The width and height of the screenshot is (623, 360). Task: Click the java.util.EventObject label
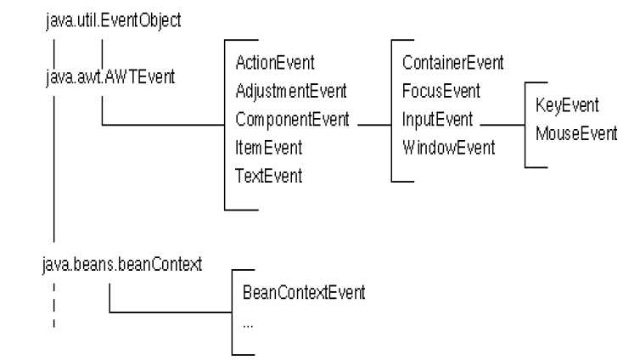coord(113,20)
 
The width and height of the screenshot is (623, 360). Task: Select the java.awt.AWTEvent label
coord(110,76)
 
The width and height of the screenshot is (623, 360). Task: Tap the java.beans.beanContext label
coord(122,264)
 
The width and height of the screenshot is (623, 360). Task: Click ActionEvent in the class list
coord(274,63)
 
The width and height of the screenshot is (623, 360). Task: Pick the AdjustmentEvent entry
coord(291,92)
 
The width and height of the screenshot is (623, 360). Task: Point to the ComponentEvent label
coord(292,120)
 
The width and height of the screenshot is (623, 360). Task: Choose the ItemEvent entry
coord(268,148)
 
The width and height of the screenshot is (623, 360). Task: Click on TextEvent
coord(268,176)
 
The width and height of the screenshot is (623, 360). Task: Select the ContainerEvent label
coord(452,63)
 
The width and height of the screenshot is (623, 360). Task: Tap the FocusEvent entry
coord(441,91)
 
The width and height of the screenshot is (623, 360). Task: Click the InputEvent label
coord(437,119)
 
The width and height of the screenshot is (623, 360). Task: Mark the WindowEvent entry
coord(448,148)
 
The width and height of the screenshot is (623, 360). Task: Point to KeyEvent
coord(567,105)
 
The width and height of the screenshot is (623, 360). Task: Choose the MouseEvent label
coord(576,133)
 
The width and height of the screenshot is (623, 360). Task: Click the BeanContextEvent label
coord(304,293)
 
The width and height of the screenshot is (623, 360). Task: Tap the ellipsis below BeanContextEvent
coord(248,326)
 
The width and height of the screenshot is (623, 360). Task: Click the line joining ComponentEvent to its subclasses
coord(374,125)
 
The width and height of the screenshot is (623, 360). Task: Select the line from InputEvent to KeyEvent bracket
coord(502,125)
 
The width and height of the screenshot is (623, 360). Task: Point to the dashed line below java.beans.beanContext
coord(54,305)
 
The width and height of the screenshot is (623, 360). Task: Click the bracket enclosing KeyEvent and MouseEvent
coord(525,125)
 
